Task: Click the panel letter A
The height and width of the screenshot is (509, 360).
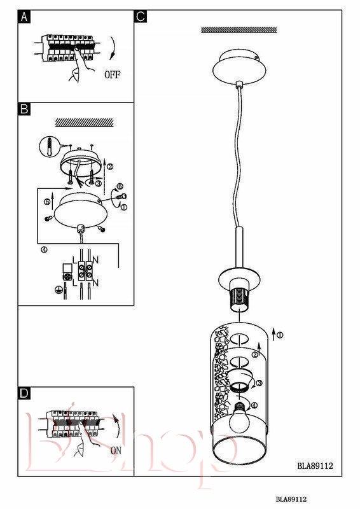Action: click(x=24, y=17)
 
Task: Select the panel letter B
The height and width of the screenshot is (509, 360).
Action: click(x=24, y=109)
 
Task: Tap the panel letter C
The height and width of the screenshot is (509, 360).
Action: click(x=140, y=17)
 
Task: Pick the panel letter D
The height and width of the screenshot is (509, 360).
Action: click(x=24, y=393)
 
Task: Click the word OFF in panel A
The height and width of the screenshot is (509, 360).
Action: click(x=113, y=74)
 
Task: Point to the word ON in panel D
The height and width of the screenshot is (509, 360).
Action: click(x=116, y=450)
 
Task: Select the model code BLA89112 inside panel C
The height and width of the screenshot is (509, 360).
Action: click(x=315, y=466)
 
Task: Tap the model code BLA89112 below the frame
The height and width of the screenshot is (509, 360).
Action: click(x=291, y=499)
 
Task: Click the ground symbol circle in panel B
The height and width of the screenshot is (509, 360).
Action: click(x=59, y=289)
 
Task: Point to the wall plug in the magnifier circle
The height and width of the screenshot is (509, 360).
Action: click(x=50, y=146)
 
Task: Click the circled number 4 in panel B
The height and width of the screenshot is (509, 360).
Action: click(x=44, y=249)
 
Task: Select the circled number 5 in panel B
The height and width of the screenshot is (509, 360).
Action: click(x=46, y=202)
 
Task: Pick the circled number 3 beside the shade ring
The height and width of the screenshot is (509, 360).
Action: click(x=259, y=383)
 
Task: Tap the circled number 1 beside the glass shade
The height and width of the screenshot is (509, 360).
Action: click(x=279, y=335)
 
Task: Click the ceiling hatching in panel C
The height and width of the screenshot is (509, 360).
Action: click(x=239, y=30)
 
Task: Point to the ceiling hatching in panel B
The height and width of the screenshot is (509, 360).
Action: click(x=85, y=122)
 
